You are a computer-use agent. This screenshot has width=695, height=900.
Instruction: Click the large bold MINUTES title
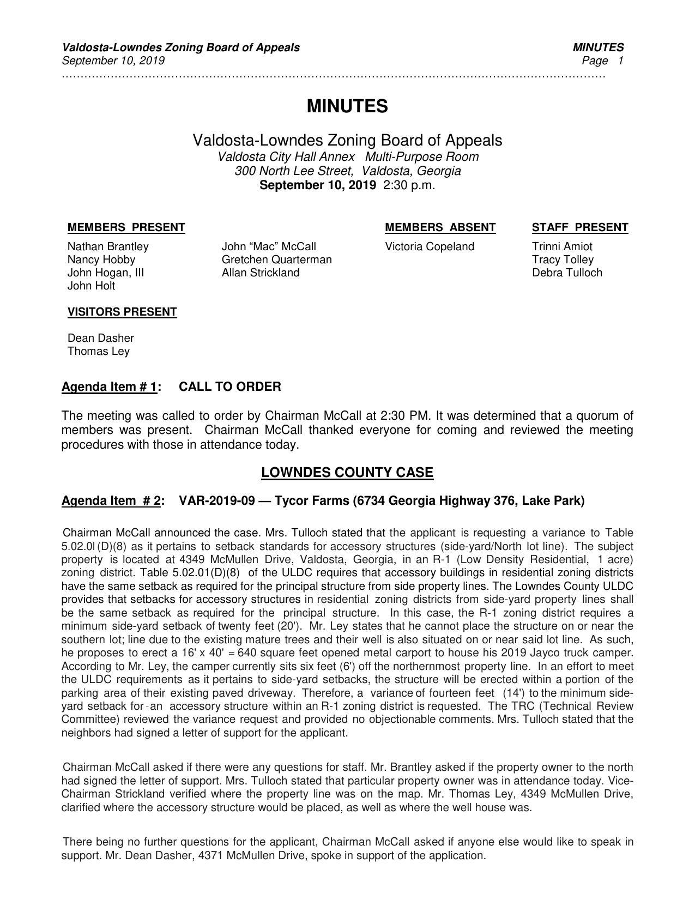(x=347, y=106)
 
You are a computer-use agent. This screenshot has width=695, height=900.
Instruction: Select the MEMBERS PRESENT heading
(x=126, y=227)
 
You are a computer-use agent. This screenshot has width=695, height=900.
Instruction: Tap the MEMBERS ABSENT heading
(x=440, y=227)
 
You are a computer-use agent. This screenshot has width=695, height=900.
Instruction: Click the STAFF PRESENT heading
(x=579, y=227)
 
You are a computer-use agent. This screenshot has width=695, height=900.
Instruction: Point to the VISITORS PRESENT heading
(x=122, y=312)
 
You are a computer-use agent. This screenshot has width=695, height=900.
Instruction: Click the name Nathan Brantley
(x=108, y=246)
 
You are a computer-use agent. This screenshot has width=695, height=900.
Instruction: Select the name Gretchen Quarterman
(x=276, y=259)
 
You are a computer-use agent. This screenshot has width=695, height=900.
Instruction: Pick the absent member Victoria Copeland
(x=430, y=246)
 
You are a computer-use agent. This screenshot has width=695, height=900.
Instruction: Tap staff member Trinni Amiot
(x=562, y=246)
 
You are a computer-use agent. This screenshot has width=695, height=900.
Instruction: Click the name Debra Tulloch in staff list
(x=567, y=273)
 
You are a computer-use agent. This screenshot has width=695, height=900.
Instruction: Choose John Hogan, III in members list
(x=106, y=273)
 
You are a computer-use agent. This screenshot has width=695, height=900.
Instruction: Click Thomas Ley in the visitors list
(x=99, y=351)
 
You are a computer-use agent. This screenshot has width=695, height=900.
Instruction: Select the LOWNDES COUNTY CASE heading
(x=347, y=473)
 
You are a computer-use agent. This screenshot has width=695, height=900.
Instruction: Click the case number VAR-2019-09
(x=216, y=500)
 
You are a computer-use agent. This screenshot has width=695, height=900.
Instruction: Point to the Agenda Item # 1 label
(x=110, y=387)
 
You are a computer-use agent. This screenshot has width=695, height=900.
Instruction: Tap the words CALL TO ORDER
(x=230, y=387)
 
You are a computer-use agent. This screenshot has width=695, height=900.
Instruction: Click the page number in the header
(x=620, y=61)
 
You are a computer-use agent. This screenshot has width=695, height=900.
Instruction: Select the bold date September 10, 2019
(x=317, y=185)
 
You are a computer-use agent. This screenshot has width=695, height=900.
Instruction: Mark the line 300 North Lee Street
(x=347, y=171)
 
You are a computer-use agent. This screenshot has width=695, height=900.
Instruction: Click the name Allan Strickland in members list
(x=261, y=273)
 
